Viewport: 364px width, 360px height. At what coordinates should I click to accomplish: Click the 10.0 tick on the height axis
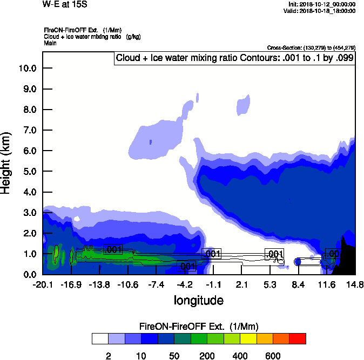(x=28, y=68)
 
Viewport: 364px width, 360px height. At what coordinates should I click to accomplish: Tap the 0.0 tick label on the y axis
(x=29, y=275)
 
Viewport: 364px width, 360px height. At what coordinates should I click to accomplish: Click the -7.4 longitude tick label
(x=156, y=285)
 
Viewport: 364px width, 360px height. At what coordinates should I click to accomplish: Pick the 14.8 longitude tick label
(x=355, y=285)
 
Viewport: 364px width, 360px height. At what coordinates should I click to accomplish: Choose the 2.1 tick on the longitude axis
(x=241, y=285)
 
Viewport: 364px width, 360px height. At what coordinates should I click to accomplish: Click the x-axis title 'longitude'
(x=198, y=300)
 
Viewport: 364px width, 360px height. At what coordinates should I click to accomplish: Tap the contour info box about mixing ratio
(x=234, y=58)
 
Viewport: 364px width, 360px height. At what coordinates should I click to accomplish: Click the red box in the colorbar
(x=298, y=338)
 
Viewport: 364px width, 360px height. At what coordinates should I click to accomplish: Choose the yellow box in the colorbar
(x=248, y=338)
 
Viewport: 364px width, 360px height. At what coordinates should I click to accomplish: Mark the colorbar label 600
(x=273, y=356)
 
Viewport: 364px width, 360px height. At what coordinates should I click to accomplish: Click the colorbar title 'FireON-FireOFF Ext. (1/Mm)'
(x=199, y=327)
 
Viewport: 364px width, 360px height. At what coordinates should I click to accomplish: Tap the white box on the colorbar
(x=100, y=338)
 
